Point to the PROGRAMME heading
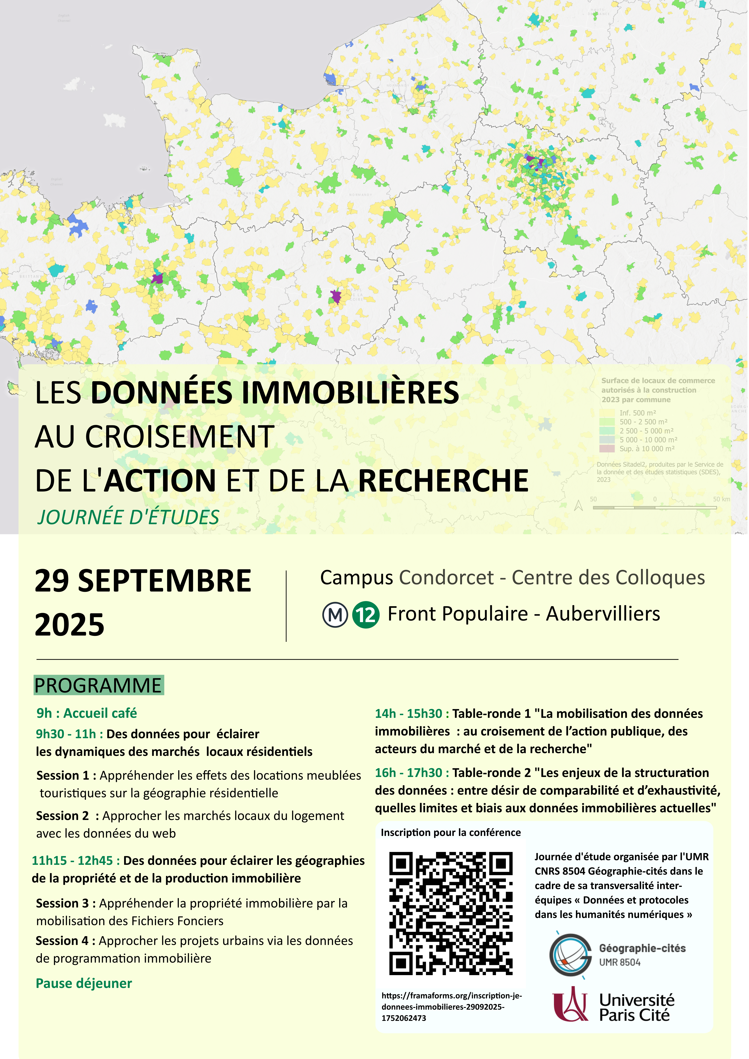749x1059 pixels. (98, 685)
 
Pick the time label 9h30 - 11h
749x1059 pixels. (69, 734)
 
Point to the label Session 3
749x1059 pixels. (65, 903)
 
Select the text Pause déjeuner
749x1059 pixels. (84, 983)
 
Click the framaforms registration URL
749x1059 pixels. (451, 1006)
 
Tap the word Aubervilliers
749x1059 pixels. (603, 614)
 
